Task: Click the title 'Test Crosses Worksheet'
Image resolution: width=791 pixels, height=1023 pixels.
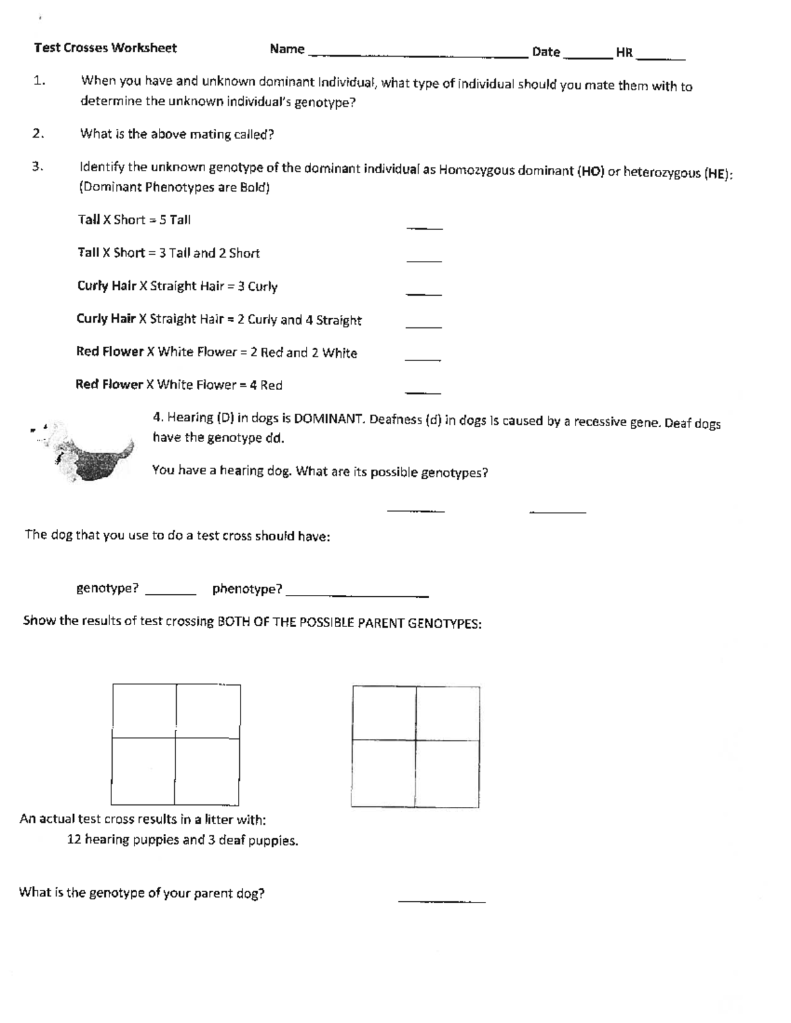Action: pos(105,48)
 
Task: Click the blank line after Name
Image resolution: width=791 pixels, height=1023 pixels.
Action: pos(418,57)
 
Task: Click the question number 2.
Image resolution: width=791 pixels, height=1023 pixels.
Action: pos(38,134)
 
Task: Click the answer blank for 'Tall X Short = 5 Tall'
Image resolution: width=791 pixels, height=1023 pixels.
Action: pos(425,228)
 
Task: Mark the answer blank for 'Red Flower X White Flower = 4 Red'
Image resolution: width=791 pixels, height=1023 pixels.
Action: pos(423,393)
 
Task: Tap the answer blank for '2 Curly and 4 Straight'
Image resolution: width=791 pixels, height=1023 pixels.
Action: pos(423,327)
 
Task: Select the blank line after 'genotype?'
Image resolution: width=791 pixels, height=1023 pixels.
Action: pos(170,594)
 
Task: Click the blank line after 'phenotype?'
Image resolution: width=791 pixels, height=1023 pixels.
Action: pos(357,595)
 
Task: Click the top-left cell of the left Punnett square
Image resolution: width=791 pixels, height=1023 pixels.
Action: pos(144,710)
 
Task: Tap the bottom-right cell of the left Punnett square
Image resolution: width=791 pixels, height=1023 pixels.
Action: pos(206,770)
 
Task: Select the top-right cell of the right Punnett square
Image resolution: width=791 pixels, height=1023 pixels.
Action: pos(447,712)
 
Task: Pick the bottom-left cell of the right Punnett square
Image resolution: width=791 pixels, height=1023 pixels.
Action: pos(384,773)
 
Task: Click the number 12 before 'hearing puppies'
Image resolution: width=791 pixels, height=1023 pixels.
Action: pos(74,840)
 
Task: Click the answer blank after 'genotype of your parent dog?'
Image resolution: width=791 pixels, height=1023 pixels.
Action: pos(442,900)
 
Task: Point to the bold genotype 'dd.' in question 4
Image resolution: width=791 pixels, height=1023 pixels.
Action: pos(274,438)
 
